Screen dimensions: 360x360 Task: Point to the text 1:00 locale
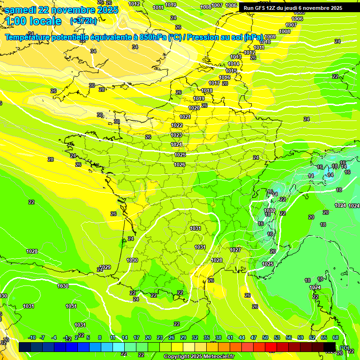33,21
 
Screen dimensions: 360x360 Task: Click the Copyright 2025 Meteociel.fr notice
199,356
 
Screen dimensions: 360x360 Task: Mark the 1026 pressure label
180,165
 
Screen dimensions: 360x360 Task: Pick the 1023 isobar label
176,135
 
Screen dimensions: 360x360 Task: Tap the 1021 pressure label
185,117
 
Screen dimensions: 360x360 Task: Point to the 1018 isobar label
207,90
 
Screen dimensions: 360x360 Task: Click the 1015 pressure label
231,71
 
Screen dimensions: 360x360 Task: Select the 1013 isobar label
236,57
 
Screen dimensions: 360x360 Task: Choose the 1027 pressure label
235,250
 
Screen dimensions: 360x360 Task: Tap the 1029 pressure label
105,267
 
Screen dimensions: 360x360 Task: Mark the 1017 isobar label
214,83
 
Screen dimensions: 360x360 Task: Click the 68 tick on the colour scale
336,337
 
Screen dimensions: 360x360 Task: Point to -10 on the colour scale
32,337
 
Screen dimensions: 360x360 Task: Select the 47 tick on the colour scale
254,337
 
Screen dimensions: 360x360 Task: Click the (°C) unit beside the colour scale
345,348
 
